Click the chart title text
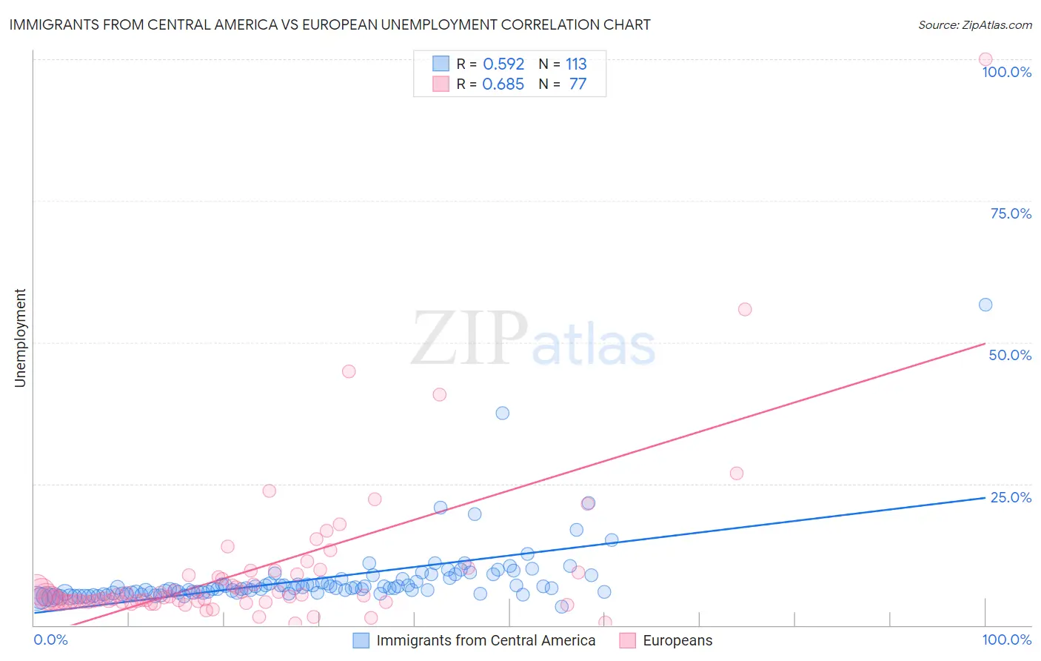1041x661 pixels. tap(330, 24)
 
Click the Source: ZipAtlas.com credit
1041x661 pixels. tap(974, 25)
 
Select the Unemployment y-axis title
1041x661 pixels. tap(20, 338)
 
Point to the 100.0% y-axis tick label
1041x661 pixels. tap(1006, 72)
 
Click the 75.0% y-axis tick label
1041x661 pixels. tap(1011, 213)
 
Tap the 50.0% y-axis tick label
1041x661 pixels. tap(1010, 355)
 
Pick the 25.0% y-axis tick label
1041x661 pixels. tap(1011, 497)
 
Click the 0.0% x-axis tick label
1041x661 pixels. tap(50, 640)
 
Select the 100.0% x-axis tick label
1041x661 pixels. tap(1006, 640)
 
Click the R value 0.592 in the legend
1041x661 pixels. tap(503, 64)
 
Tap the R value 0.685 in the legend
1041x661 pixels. tap(503, 84)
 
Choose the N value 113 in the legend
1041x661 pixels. tap(576, 64)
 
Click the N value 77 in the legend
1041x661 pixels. tap(578, 84)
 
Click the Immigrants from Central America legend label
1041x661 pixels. tap(486, 640)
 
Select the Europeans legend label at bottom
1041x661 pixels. tap(677, 640)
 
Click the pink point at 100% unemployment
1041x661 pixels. tap(985, 59)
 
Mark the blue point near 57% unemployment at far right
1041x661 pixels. tap(985, 305)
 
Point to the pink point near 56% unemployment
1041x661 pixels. tap(745, 309)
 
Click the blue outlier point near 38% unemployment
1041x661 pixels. tap(503, 413)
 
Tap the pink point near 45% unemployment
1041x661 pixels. tap(349, 371)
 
